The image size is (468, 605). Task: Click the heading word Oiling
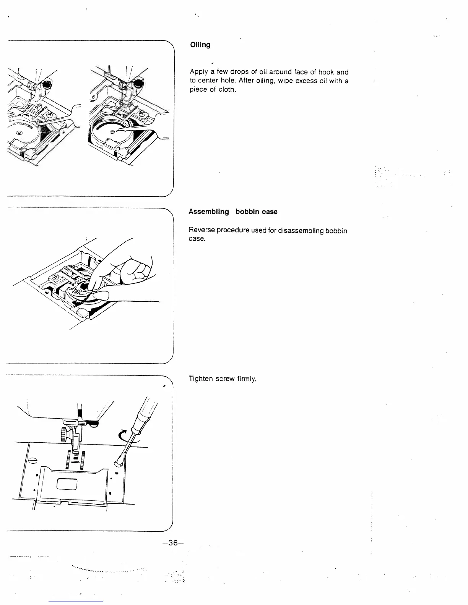(200, 45)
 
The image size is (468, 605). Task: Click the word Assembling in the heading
(209, 212)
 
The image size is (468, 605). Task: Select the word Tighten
(200, 379)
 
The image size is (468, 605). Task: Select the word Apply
(199, 72)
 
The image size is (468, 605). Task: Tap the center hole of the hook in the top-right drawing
(112, 132)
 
